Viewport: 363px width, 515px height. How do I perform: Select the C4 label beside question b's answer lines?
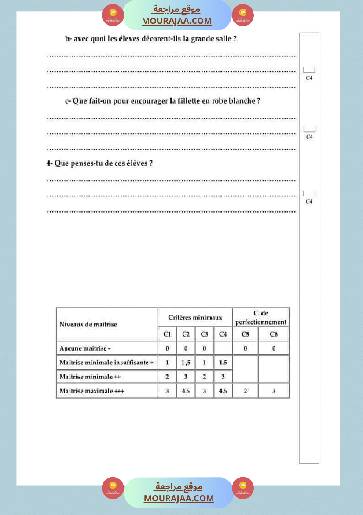(309, 78)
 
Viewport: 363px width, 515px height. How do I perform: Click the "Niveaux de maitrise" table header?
(88, 324)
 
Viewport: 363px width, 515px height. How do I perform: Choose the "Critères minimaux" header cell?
(195, 317)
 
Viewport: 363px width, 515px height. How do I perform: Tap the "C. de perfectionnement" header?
(261, 317)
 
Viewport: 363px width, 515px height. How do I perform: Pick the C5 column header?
(245, 334)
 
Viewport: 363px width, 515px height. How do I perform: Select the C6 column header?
(274, 334)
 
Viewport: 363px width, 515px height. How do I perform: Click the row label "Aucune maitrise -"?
(85, 348)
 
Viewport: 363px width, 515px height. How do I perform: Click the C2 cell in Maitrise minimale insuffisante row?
(186, 363)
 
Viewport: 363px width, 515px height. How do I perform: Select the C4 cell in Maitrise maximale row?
(223, 391)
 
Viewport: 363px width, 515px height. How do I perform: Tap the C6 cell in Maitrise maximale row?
(274, 391)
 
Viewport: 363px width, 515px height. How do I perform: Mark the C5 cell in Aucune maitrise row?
(245, 348)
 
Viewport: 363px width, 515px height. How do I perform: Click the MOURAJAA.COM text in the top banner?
(177, 21)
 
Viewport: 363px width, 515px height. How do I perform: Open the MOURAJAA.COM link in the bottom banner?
(179, 498)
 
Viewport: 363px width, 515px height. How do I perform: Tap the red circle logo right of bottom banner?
(243, 488)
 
